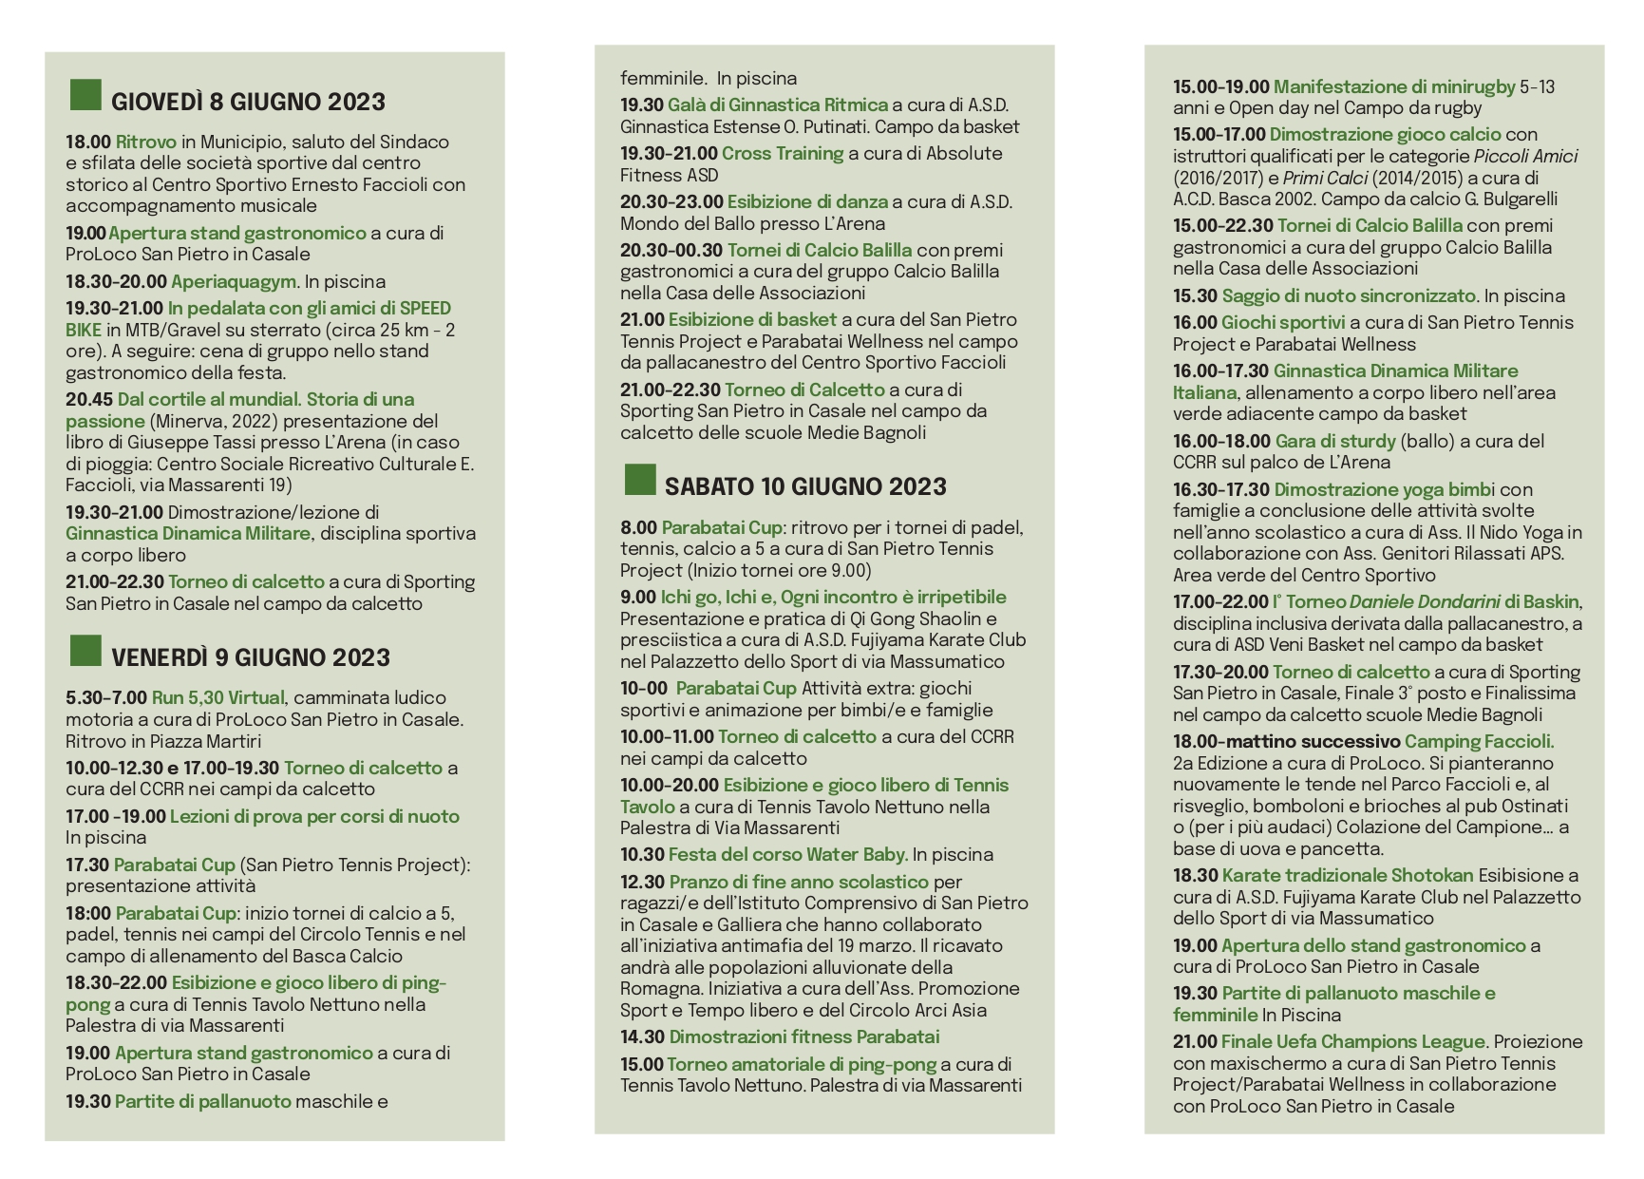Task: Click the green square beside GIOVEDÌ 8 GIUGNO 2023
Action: point(85,95)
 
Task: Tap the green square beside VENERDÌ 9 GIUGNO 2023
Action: point(85,651)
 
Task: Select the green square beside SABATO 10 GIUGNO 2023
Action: point(640,480)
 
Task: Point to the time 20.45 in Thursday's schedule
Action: point(88,399)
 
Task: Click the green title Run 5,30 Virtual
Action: point(217,697)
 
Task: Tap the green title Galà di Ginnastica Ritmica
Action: point(777,105)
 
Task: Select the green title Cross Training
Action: point(782,153)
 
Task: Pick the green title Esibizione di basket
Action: point(751,319)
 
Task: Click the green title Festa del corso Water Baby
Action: point(786,854)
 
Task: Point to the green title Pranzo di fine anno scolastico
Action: point(798,882)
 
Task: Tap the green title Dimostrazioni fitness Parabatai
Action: point(803,1036)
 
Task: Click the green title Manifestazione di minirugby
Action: point(1393,86)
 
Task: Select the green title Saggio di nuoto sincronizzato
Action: point(1348,295)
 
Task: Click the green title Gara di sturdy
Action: point(1334,441)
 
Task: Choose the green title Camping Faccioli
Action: point(1478,741)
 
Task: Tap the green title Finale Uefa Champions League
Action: point(1352,1041)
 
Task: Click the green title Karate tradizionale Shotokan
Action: point(1347,875)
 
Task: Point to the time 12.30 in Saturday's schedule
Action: point(642,882)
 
